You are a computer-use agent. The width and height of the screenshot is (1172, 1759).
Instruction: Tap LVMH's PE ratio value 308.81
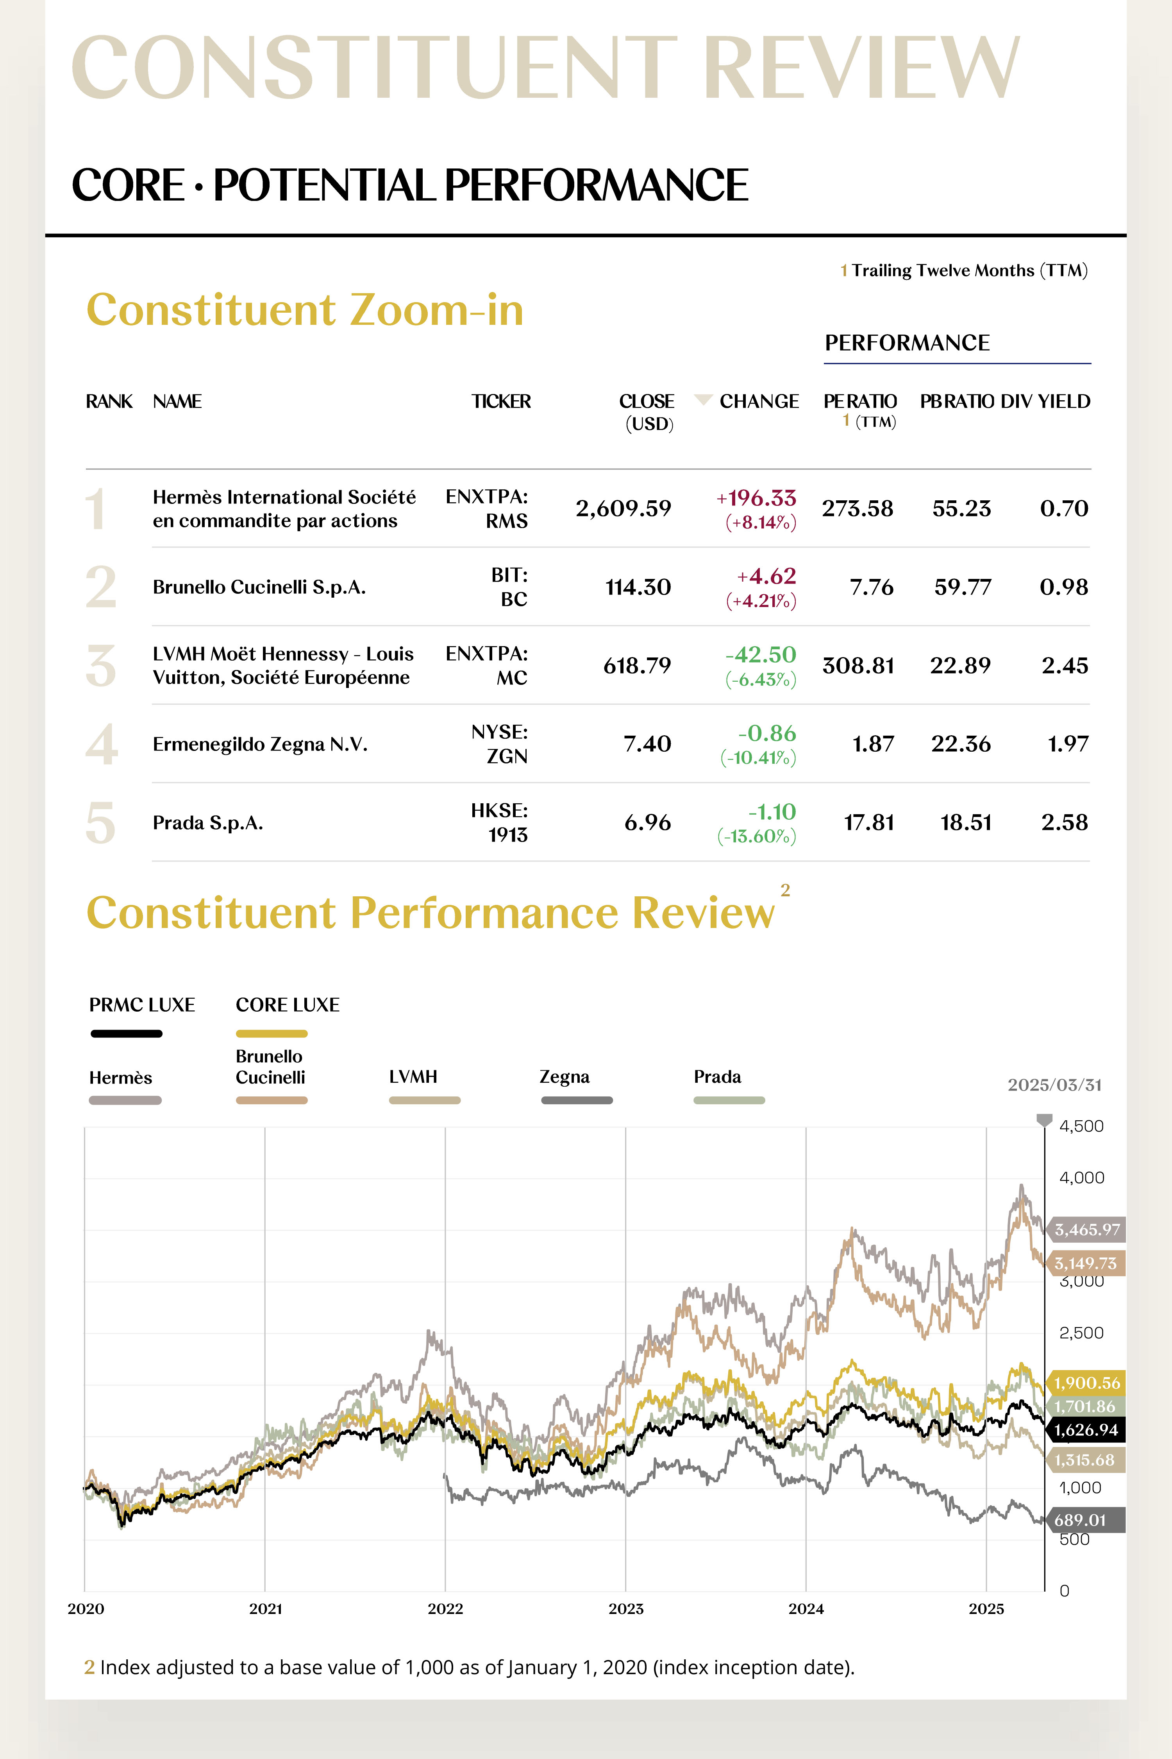point(858,666)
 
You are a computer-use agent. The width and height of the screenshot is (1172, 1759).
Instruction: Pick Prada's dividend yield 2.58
point(1064,823)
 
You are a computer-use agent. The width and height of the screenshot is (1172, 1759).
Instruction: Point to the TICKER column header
point(501,401)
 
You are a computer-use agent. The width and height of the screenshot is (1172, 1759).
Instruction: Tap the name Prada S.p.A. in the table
point(208,823)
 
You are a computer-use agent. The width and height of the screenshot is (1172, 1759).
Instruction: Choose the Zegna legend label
point(565,1077)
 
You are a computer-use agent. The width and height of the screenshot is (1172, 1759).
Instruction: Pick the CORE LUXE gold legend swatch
point(272,1034)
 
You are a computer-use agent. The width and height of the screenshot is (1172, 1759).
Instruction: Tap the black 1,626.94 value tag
point(1085,1430)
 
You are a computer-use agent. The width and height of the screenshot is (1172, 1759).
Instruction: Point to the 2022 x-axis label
point(445,1609)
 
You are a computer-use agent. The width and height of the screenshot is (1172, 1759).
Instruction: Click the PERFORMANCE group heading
point(907,342)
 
